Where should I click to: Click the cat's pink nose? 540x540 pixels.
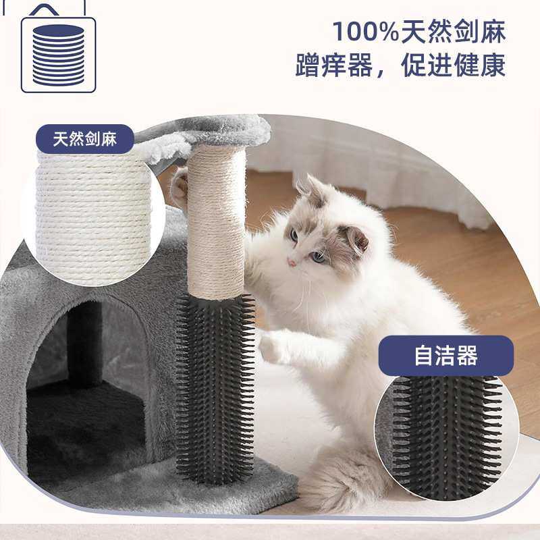pyautogui.click(x=292, y=262)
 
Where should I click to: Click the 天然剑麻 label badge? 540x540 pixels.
pyautogui.click(x=85, y=140)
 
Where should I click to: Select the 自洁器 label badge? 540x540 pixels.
pyautogui.click(x=446, y=356)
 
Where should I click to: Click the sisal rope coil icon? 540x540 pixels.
pyautogui.click(x=59, y=54)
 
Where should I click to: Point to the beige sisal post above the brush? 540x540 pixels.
pyautogui.click(x=216, y=223)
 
